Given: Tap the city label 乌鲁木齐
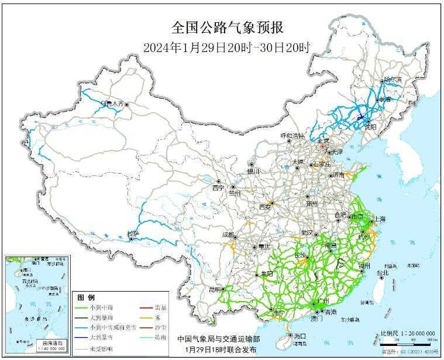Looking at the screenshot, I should (x=112, y=103).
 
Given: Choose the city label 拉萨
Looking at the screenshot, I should (x=133, y=234).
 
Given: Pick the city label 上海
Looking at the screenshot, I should (x=379, y=219).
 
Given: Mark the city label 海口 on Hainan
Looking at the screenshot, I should (x=300, y=336).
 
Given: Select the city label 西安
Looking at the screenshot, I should (x=265, y=206).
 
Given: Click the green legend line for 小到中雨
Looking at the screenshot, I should (x=84, y=307).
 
